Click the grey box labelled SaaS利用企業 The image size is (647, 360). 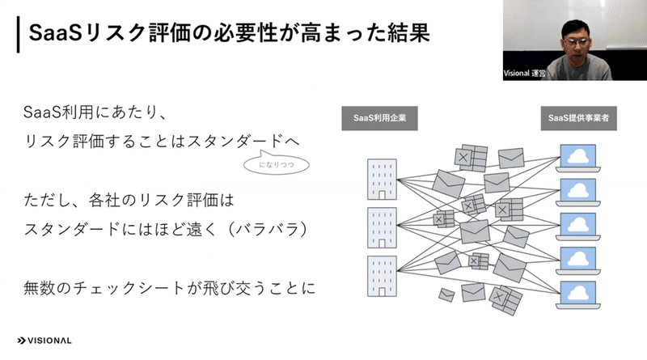point(379,118)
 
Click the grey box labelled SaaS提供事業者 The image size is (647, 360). point(578,118)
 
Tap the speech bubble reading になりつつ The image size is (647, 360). point(276,163)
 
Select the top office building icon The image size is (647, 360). point(382,179)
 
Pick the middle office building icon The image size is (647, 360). point(382,227)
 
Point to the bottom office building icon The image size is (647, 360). point(382,276)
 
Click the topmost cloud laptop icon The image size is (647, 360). point(578,158)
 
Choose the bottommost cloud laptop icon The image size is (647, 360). point(578,295)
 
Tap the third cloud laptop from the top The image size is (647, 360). point(578,227)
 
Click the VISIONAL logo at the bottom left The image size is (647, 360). point(44,341)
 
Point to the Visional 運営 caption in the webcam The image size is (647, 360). point(524,74)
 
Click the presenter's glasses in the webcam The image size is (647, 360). point(576,42)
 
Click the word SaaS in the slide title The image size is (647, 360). point(55,33)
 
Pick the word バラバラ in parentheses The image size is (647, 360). point(269,229)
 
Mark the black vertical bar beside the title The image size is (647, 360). point(18,35)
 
